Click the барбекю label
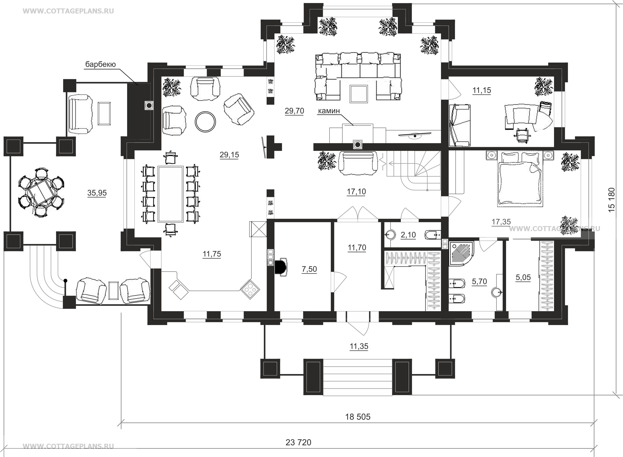coord(100,65)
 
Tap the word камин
coord(329,111)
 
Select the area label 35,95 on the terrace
coord(97,193)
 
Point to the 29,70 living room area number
coord(294,111)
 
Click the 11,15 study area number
coord(482,90)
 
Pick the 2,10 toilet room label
coord(408,235)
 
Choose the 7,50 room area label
coord(309,269)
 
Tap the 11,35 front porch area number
coord(359,346)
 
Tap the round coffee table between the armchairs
coord(205,122)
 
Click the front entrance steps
coord(357,377)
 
